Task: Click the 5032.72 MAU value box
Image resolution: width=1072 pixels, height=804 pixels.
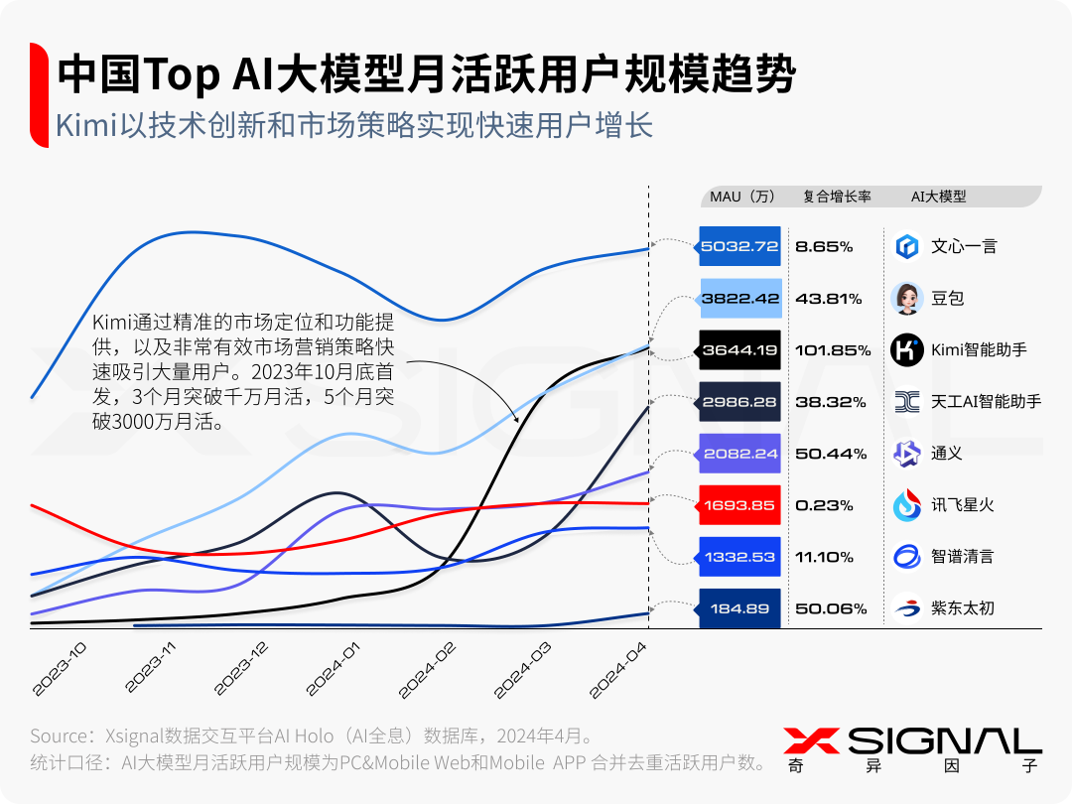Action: [x=739, y=246]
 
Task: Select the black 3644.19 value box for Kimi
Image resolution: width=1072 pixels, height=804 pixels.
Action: [x=739, y=349]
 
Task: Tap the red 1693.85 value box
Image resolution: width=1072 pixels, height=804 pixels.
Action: [x=739, y=505]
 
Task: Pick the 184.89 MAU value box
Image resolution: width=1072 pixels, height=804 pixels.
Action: [x=739, y=608]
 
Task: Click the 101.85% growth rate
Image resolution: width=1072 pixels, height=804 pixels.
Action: [x=833, y=350]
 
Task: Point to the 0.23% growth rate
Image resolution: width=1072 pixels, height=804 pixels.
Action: [x=824, y=505]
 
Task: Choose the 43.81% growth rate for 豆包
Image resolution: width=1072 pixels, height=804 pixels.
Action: [x=828, y=299]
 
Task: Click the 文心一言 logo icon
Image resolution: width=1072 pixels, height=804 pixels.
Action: [x=907, y=246]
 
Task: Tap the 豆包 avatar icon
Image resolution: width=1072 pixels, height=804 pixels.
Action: [x=907, y=298]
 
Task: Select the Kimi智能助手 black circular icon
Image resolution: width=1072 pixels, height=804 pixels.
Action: [x=907, y=349]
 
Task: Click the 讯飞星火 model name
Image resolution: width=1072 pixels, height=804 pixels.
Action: [x=962, y=505]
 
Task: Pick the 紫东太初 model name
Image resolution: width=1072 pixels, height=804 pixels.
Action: [x=962, y=608]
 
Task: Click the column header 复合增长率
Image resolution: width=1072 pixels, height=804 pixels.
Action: [x=837, y=197]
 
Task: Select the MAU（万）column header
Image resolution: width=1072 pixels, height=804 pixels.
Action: [x=742, y=197]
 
